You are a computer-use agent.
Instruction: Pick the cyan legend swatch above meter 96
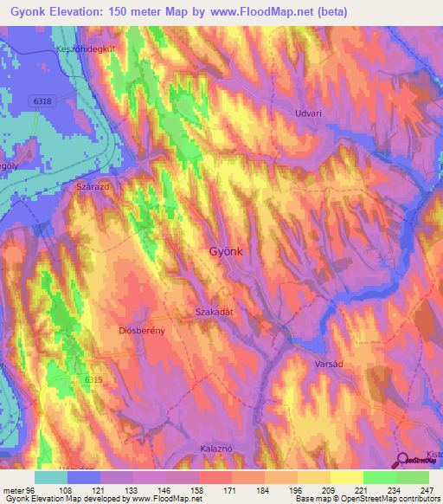pos(51,477)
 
